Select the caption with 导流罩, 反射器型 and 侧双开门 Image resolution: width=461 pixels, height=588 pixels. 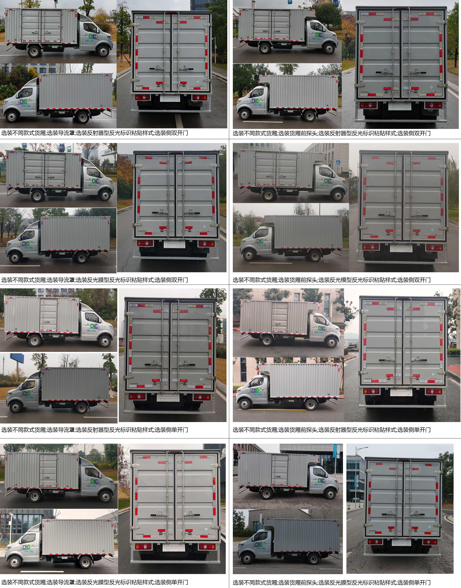coord(94,133)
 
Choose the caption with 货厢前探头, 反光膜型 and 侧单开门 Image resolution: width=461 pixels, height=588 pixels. coord(331,582)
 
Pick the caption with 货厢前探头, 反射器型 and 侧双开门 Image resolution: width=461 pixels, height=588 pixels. coord(331,133)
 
